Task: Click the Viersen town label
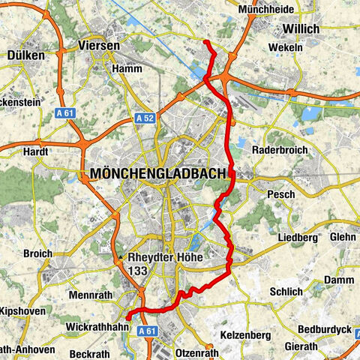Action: (x=99, y=46)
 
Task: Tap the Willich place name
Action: (x=300, y=28)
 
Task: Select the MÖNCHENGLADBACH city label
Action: (x=157, y=174)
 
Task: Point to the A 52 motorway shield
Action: (x=145, y=118)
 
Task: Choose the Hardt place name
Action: (x=36, y=151)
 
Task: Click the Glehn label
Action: (x=342, y=237)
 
